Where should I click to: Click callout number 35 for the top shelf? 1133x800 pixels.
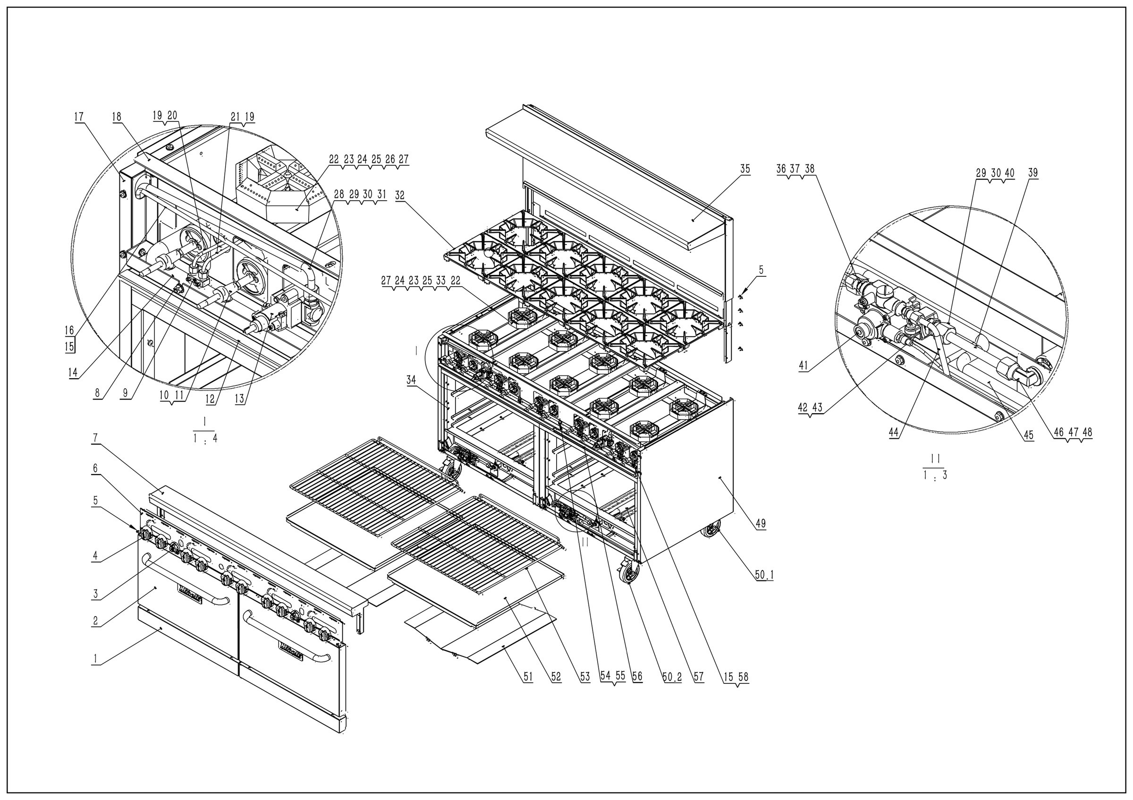pos(744,169)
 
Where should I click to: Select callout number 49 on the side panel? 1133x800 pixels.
pos(761,524)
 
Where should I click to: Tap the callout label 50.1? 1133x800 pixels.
pos(764,575)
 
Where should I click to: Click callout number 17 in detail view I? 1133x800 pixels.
pos(79,117)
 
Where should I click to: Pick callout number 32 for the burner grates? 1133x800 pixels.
pos(400,196)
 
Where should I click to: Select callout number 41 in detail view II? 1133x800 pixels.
pos(803,366)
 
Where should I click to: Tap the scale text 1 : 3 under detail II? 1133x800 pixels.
pos(935,476)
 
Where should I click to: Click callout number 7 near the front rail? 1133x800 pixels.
pos(96,437)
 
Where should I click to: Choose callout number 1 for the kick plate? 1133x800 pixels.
pos(96,658)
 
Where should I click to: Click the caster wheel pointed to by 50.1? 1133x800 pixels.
pos(711,531)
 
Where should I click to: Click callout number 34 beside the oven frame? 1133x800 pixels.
pos(411,380)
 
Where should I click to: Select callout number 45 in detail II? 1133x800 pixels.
pos(1028,435)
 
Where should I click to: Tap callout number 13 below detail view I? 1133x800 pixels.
pos(239,399)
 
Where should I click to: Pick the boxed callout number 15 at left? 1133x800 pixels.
pos(69,347)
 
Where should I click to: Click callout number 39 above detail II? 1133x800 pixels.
pos(1033,173)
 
